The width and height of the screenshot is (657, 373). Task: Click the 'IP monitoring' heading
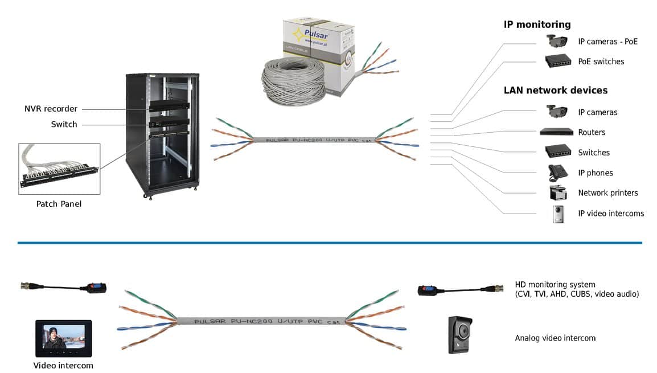tap(537, 24)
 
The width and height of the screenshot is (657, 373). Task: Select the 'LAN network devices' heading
tap(555, 91)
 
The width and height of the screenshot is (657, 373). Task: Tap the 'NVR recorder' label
tap(51, 109)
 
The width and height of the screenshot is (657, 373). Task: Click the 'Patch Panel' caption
tap(59, 204)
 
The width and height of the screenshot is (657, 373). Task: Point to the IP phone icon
tap(557, 173)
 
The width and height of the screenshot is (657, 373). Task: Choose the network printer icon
tap(558, 193)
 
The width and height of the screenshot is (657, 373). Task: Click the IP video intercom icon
tap(559, 214)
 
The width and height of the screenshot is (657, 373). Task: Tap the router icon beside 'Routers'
tap(556, 132)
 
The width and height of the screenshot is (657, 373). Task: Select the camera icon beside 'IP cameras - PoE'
tap(557, 41)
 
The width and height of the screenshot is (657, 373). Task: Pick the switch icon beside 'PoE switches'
tap(557, 61)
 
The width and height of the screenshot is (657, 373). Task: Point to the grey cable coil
tap(293, 80)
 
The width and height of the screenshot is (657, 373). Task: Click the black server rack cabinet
tap(162, 134)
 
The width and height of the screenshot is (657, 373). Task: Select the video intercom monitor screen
tap(63, 338)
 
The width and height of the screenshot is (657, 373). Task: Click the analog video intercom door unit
tap(461, 334)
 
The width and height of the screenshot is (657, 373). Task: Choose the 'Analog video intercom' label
tap(555, 338)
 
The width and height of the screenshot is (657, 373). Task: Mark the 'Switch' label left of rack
tap(64, 124)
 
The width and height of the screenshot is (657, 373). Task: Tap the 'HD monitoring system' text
tap(555, 285)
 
